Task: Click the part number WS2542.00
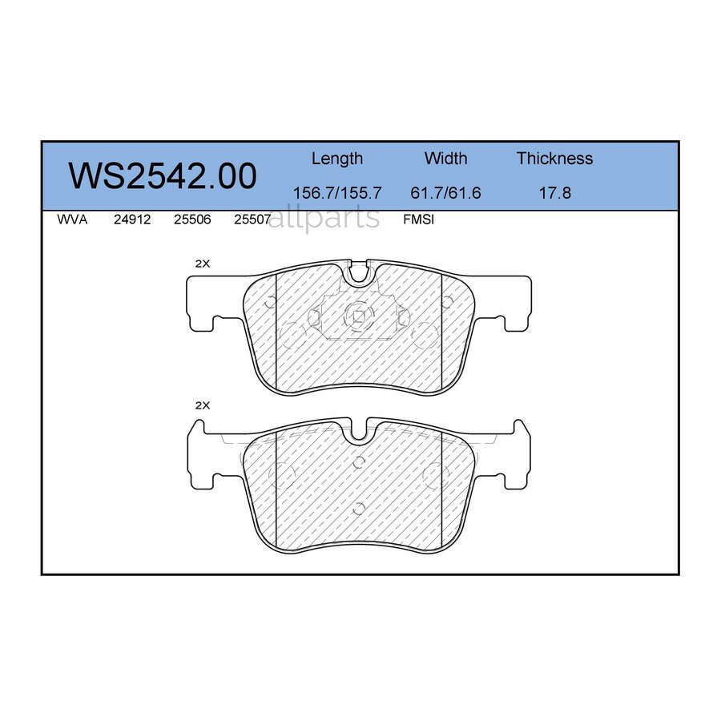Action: (163, 176)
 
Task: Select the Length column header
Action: (336, 159)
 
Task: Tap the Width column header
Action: (445, 159)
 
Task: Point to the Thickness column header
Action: (554, 159)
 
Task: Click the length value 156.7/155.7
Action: (336, 193)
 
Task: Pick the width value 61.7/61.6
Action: (445, 193)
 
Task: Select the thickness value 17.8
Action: (554, 193)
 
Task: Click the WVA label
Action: (72, 220)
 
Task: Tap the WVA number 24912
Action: (132, 220)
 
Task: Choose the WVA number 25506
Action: (192, 220)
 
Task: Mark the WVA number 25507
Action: (252, 220)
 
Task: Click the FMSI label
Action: (418, 220)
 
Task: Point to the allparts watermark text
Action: (324, 217)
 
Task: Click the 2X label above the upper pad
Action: (203, 264)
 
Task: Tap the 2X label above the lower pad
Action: (203, 406)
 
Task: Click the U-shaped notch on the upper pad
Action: (359, 273)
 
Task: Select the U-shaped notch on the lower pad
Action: (359, 432)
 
